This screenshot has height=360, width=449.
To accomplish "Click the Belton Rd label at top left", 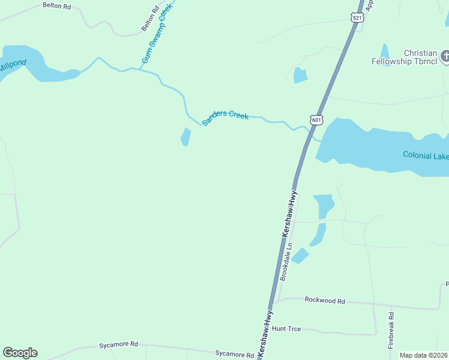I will (x=56, y=5).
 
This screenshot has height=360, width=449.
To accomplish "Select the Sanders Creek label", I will (x=225, y=118).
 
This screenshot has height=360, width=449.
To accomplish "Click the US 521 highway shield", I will (x=358, y=18).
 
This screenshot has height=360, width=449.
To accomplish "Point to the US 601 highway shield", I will (x=317, y=120).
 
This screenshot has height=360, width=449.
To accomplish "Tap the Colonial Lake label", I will (x=426, y=155).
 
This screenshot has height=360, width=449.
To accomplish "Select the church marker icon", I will (x=445, y=57).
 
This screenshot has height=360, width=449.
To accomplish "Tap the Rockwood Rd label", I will (x=325, y=299).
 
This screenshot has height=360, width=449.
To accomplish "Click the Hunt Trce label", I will (x=286, y=329).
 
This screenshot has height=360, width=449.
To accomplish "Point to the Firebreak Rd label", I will (x=391, y=330).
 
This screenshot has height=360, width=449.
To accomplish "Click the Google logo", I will (x=20, y=353).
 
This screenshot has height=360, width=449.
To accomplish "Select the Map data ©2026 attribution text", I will (x=423, y=355).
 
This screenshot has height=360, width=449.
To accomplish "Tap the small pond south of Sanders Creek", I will (x=185, y=137).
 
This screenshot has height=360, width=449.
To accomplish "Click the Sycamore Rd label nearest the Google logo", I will (x=118, y=345).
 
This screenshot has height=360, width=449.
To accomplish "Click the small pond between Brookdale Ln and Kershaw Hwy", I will (x=300, y=256).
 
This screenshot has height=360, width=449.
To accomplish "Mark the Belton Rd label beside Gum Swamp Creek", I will (x=151, y=19).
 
